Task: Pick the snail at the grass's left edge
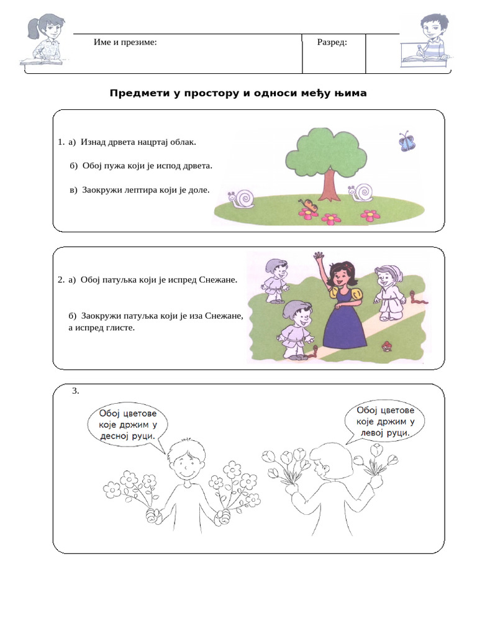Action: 242,199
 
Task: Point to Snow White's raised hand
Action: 319,257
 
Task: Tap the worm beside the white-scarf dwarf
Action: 419,298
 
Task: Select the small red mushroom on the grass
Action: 386,345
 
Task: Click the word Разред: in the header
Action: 332,42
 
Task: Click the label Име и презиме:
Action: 125,42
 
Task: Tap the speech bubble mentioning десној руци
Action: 127,425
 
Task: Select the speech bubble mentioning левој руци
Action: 384,422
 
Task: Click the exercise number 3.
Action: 75,391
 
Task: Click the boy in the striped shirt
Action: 427,40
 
